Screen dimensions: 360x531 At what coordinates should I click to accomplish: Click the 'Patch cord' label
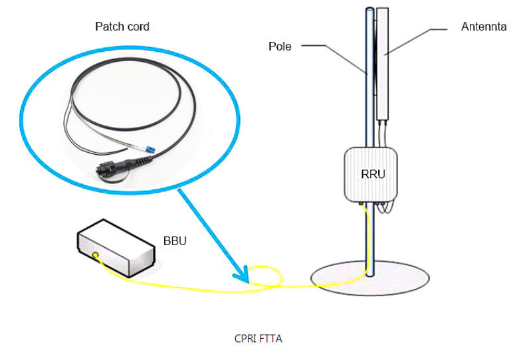122,27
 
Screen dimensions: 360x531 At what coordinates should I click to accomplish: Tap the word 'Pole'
280,46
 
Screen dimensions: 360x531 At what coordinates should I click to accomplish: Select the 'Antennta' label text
484,27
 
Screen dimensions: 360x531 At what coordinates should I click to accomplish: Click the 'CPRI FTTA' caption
259,339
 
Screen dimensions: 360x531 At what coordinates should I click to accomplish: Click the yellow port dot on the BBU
97,256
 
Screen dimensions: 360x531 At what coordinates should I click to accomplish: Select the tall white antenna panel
382,63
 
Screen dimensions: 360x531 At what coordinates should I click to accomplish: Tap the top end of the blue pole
369,9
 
